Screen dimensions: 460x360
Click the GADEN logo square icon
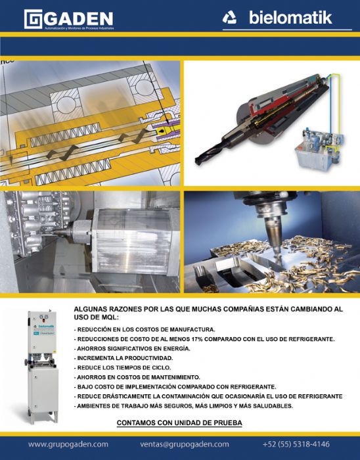coord(34,19)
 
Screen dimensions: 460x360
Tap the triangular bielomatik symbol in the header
coord(229,18)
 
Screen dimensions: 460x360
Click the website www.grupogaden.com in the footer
coord(68,444)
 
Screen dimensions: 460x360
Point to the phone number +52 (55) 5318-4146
coord(296,444)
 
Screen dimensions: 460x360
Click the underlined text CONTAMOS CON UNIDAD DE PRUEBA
coord(179,423)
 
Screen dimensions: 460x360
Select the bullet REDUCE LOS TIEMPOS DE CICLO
coord(124,367)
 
